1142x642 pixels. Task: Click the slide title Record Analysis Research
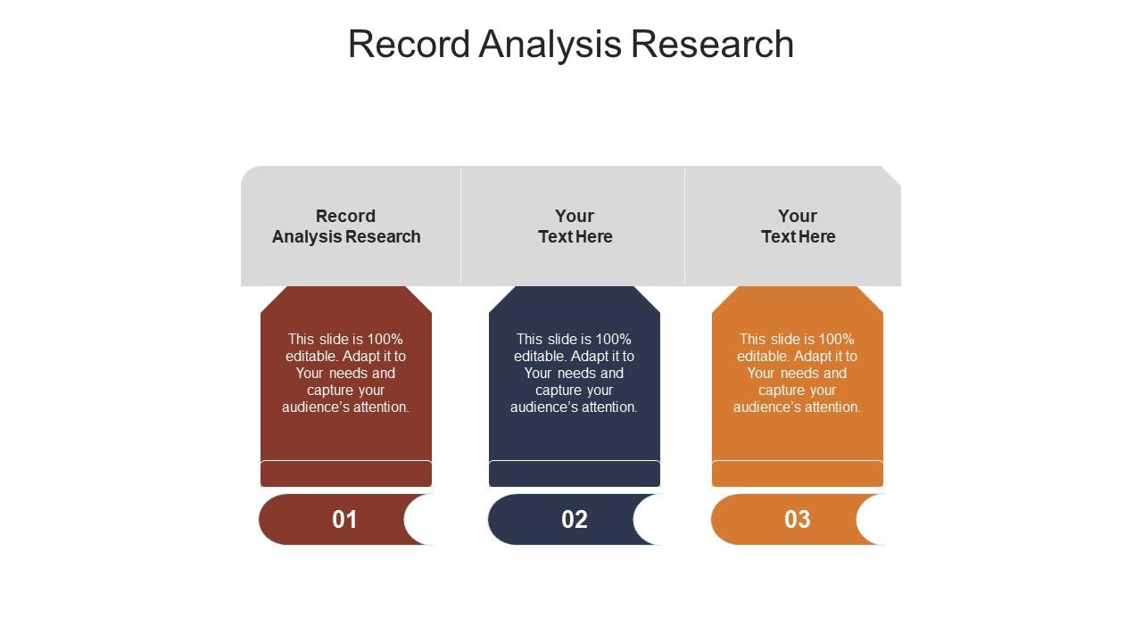coord(571,45)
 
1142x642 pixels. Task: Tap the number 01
coord(344,520)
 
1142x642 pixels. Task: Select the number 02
coord(574,520)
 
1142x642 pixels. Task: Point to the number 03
coord(797,520)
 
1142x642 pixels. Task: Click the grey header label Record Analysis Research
coord(346,226)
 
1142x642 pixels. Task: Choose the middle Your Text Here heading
coord(575,226)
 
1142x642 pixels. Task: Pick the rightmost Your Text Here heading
coord(798,226)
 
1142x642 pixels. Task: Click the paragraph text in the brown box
coord(346,373)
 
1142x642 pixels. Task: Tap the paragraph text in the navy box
coord(575,373)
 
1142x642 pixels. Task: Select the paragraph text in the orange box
coord(798,373)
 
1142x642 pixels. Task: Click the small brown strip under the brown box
coord(346,473)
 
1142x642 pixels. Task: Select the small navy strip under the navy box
coord(575,473)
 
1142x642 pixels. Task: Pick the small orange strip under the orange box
coord(798,473)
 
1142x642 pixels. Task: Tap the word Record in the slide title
coord(409,45)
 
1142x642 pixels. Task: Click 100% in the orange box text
coord(837,340)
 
